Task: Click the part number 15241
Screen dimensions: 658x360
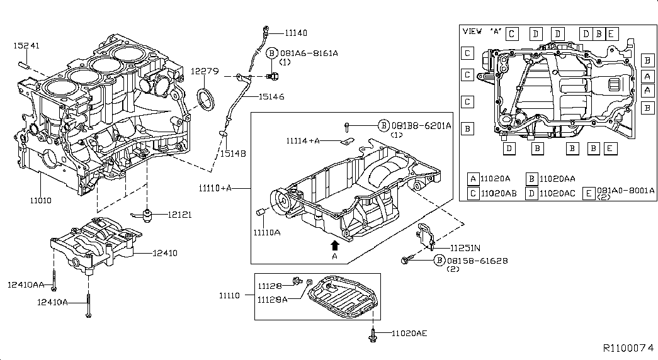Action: coord(26,45)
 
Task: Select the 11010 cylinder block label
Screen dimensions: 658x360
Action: coord(41,201)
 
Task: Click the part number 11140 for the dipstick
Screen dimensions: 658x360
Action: coord(296,33)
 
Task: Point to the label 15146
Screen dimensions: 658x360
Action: coord(271,96)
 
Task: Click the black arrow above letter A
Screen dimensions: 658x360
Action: coord(334,245)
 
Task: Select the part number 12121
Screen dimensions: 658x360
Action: coord(179,215)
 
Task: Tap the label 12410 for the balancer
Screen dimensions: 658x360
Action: coord(165,253)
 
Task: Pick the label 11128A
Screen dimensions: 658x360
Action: coord(273,300)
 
